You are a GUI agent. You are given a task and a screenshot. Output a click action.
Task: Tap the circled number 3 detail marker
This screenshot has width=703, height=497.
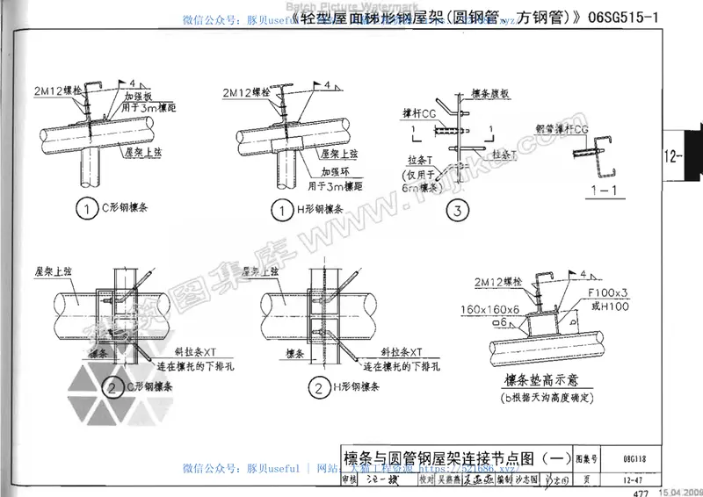[x=458, y=210]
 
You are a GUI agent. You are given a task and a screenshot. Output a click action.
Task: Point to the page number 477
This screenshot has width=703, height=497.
[x=639, y=491]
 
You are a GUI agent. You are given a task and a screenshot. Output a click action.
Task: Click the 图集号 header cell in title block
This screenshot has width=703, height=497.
[x=587, y=458]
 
